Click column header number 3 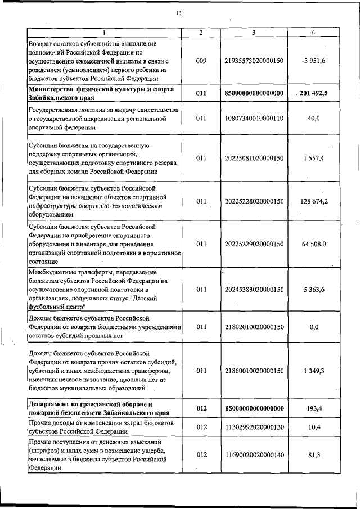point(254,33)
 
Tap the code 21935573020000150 point(254,60)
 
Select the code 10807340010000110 point(254,119)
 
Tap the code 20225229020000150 point(254,244)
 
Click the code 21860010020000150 point(254,371)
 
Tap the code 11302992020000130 point(254,427)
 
